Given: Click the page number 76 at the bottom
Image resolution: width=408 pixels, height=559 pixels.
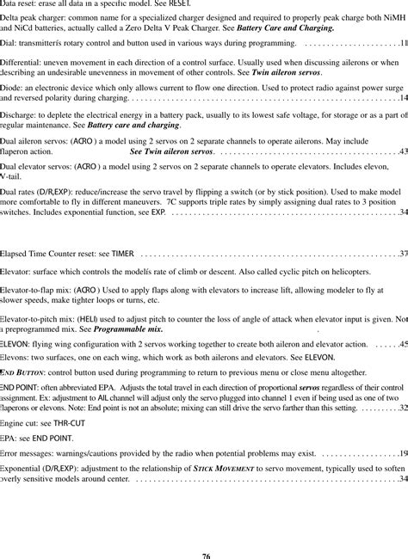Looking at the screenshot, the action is [x=205, y=555].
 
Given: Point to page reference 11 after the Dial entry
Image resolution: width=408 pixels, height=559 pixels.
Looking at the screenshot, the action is [x=403, y=42].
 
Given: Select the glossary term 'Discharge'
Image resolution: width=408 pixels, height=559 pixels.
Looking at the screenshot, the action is [x=18, y=115].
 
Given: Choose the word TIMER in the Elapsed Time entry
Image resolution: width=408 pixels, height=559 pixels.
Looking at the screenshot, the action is [x=123, y=255].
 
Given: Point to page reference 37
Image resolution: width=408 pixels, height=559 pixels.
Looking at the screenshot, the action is [x=403, y=255].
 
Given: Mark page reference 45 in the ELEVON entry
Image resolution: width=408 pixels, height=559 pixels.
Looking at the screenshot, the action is [x=403, y=344].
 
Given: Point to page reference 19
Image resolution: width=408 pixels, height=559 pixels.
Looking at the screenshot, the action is [x=403, y=452].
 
